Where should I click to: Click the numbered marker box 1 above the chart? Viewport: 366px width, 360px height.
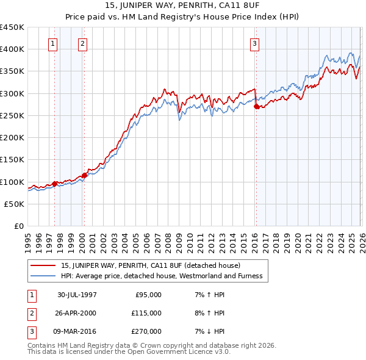(54, 43)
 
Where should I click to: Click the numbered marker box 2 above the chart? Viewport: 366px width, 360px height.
(83, 43)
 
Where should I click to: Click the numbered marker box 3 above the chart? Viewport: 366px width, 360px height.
(254, 43)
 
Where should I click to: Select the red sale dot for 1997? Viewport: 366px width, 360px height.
(55, 184)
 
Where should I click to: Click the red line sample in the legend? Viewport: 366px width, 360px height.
(44, 265)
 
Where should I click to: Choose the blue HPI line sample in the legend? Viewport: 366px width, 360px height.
(44, 276)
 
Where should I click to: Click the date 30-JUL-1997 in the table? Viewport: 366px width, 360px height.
(77, 295)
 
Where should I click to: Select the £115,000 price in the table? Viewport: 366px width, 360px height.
(146, 313)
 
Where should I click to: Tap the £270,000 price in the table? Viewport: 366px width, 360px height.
(146, 331)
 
